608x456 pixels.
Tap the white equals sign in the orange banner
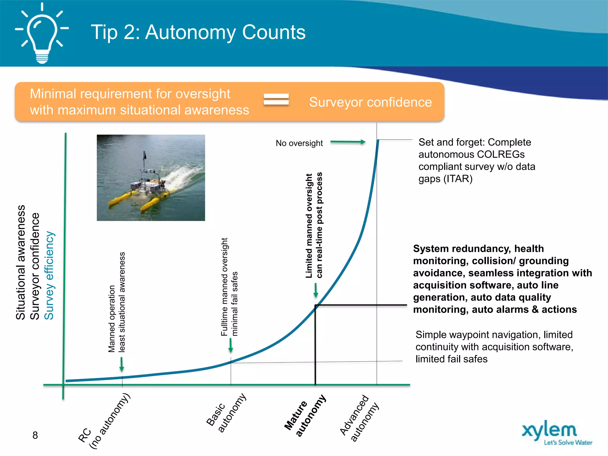(276, 99)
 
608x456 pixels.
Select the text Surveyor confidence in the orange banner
(370, 102)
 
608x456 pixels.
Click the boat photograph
(151, 178)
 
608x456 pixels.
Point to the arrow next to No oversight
(348, 142)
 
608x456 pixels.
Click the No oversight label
(299, 143)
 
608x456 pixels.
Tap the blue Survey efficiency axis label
(49, 275)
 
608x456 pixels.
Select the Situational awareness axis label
(20, 262)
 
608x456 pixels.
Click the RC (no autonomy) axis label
(104, 422)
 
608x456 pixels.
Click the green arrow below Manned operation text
(121, 364)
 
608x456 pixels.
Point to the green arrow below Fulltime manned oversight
(231, 346)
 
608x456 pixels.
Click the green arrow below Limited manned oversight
(316, 290)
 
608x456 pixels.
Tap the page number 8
(35, 435)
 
